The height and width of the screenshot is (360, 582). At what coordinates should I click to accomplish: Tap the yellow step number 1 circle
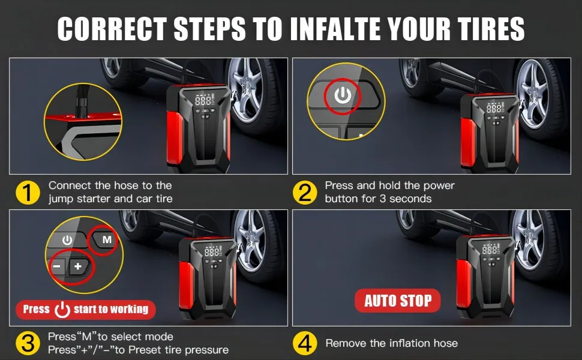pyautogui.click(x=28, y=193)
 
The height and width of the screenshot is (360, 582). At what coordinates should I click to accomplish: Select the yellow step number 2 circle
pyautogui.click(x=305, y=193)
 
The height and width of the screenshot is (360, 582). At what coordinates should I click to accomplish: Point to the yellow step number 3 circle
pyautogui.click(x=28, y=343)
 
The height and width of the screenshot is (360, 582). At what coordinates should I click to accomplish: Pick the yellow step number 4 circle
pyautogui.click(x=305, y=343)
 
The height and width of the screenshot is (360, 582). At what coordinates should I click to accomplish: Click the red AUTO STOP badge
pyautogui.click(x=398, y=301)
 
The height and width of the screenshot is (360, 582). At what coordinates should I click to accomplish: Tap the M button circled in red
pyautogui.click(x=107, y=239)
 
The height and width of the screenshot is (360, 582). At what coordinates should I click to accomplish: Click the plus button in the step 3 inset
pyautogui.click(x=79, y=266)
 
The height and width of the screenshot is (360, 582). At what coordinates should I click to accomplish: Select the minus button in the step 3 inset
pyautogui.click(x=57, y=266)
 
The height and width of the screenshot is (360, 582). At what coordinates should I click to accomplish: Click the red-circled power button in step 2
pyautogui.click(x=343, y=95)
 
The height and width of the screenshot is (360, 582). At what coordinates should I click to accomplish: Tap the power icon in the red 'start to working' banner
pyautogui.click(x=62, y=310)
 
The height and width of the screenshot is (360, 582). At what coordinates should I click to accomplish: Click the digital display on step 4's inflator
pyautogui.click(x=489, y=250)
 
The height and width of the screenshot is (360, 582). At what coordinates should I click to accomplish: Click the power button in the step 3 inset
pyautogui.click(x=67, y=240)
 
